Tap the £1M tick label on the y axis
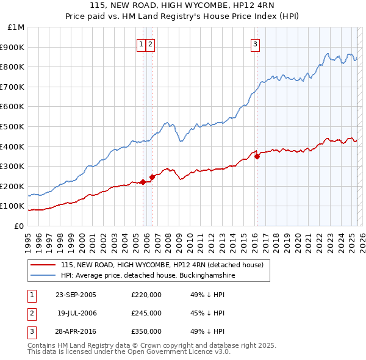16,27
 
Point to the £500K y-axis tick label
13,126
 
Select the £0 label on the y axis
20,226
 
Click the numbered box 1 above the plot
142,43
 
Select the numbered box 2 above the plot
150,43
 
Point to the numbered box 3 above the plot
255,43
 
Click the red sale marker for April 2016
257,156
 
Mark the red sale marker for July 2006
152,177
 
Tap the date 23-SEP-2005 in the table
76,295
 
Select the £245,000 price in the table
146,313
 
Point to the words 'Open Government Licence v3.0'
182,352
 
